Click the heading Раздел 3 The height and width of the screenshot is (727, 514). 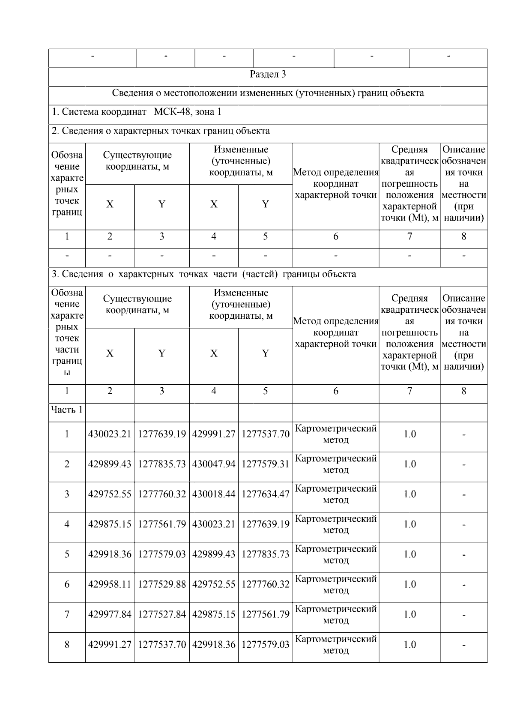(268, 75)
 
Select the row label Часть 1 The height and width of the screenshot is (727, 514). (67, 410)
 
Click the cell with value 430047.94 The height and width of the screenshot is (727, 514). (214, 464)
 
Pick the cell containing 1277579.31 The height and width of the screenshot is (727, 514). (266, 464)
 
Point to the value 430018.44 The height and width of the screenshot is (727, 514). (214, 494)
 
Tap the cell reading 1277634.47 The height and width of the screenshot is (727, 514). (266, 494)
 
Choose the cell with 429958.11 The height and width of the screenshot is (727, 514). (110, 584)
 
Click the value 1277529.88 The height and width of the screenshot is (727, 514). (162, 584)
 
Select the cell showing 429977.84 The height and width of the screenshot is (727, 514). (110, 614)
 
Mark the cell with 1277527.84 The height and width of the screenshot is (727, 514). (162, 614)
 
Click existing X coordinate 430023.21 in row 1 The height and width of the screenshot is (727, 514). (110, 434)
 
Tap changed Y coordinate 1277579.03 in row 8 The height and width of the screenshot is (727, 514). (266, 645)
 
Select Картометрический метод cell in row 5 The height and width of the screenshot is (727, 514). (336, 554)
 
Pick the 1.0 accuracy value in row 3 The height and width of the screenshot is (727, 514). (409, 494)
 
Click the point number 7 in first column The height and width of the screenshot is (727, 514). (67, 614)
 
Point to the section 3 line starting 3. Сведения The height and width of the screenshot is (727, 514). (204, 274)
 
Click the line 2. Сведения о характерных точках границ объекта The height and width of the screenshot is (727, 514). (161, 131)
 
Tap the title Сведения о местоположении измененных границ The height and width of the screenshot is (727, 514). (268, 93)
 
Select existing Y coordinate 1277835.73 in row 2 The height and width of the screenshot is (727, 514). (162, 464)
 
